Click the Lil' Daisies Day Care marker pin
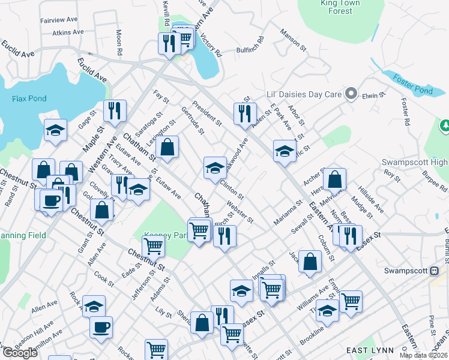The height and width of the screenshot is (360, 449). (x=351, y=94)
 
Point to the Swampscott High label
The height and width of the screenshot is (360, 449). (x=414, y=163)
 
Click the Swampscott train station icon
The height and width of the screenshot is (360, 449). (x=434, y=271)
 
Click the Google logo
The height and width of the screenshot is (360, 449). (x=20, y=353)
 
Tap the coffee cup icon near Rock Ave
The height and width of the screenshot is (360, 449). (x=101, y=327)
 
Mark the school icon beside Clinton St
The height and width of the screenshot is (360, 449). (x=214, y=167)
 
